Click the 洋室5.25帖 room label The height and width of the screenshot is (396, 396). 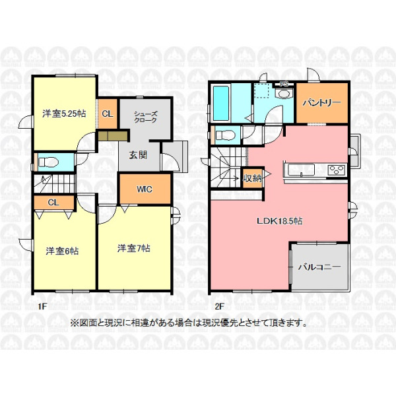64,114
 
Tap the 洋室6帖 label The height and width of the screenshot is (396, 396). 62,251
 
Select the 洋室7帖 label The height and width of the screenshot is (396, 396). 134,248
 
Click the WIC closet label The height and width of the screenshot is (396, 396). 145,189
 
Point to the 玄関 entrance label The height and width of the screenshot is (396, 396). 138,155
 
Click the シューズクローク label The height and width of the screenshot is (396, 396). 145,117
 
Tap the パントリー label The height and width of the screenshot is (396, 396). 322,102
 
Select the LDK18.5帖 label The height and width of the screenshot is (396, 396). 280,221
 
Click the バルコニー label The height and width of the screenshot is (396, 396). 319,267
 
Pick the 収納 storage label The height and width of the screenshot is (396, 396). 252,178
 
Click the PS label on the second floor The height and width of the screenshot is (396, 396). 284,84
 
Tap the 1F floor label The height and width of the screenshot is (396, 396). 42,306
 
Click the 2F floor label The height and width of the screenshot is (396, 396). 220,306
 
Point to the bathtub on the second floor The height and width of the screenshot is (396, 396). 221,102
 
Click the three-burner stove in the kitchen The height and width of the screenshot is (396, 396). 337,170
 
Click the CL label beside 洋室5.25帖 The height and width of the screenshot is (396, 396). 108,114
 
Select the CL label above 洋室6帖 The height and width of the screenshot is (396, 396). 53,203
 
